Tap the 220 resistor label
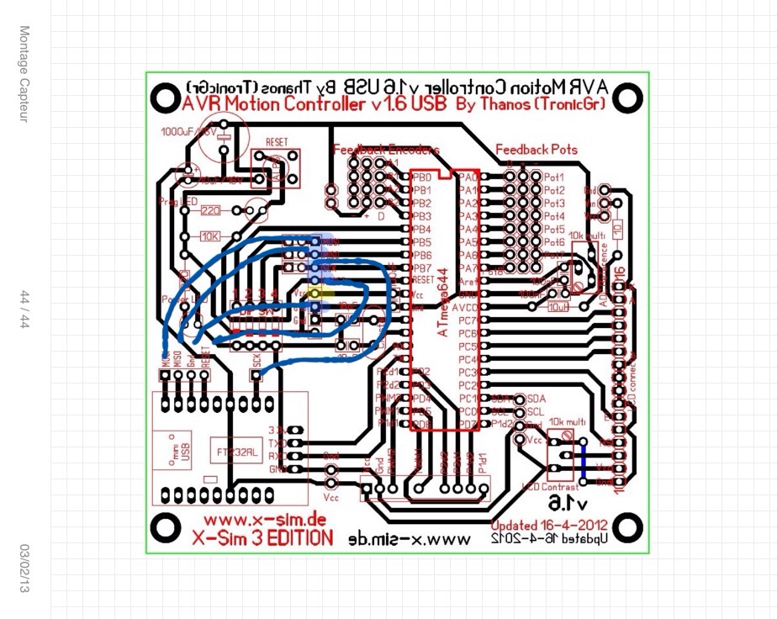pyautogui.click(x=210, y=210)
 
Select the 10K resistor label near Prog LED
pyautogui.click(x=210, y=236)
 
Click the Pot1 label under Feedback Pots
pyautogui.click(x=553, y=177)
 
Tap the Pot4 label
pyautogui.click(x=553, y=216)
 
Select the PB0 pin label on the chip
pyautogui.click(x=421, y=177)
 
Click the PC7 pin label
pyautogui.click(x=468, y=320)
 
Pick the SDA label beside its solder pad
pyautogui.click(x=535, y=399)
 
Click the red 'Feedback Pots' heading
pyautogui.click(x=536, y=150)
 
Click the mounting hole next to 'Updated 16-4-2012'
pyautogui.click(x=625, y=527)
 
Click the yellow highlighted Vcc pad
pyautogui.click(x=314, y=294)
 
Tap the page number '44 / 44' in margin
pyautogui.click(x=25, y=309)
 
